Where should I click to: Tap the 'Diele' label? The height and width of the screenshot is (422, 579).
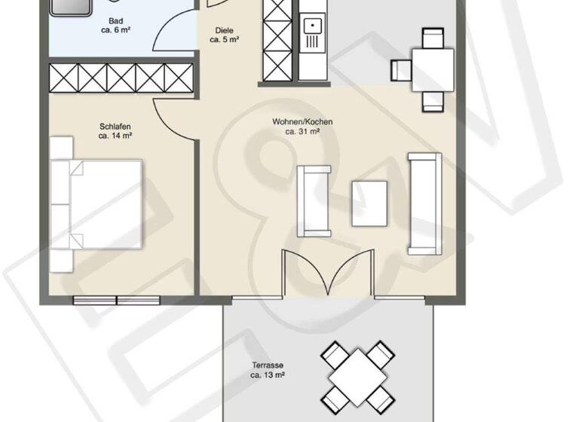[x=223, y=31]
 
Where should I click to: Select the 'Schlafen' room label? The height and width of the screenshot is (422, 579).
[x=115, y=127]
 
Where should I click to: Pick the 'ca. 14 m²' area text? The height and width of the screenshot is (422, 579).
[x=115, y=136]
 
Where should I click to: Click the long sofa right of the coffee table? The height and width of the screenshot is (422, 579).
[x=424, y=203]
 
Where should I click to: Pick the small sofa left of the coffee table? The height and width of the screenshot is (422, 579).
[x=313, y=200]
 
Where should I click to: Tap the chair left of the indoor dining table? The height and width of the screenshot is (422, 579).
[x=400, y=70]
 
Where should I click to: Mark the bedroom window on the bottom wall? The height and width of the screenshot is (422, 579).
[x=116, y=300]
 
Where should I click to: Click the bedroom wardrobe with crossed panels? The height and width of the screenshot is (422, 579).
[x=121, y=78]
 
